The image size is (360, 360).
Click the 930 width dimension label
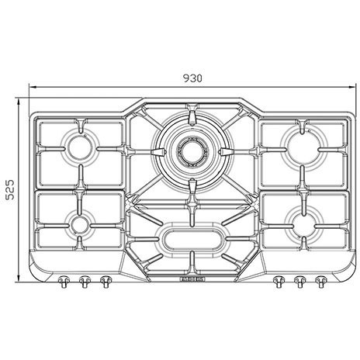[192, 78]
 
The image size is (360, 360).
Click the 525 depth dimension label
[10, 189]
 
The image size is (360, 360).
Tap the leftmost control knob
[64, 282]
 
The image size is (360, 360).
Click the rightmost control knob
[321, 282]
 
